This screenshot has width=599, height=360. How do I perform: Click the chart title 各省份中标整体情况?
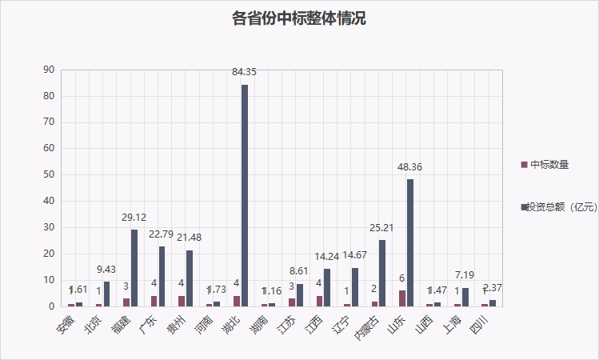(299, 18)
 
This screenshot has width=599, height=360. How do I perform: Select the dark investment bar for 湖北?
(245, 196)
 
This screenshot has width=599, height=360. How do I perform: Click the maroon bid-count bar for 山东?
(402, 298)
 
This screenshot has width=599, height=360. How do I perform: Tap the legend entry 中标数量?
(549, 165)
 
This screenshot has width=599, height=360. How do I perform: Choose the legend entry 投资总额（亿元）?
(558, 207)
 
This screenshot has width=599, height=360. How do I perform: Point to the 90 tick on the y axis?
(49, 70)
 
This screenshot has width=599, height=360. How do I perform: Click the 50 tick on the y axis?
(49, 175)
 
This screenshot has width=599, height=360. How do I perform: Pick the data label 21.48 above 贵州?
(190, 239)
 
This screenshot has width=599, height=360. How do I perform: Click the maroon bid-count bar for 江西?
(319, 301)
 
